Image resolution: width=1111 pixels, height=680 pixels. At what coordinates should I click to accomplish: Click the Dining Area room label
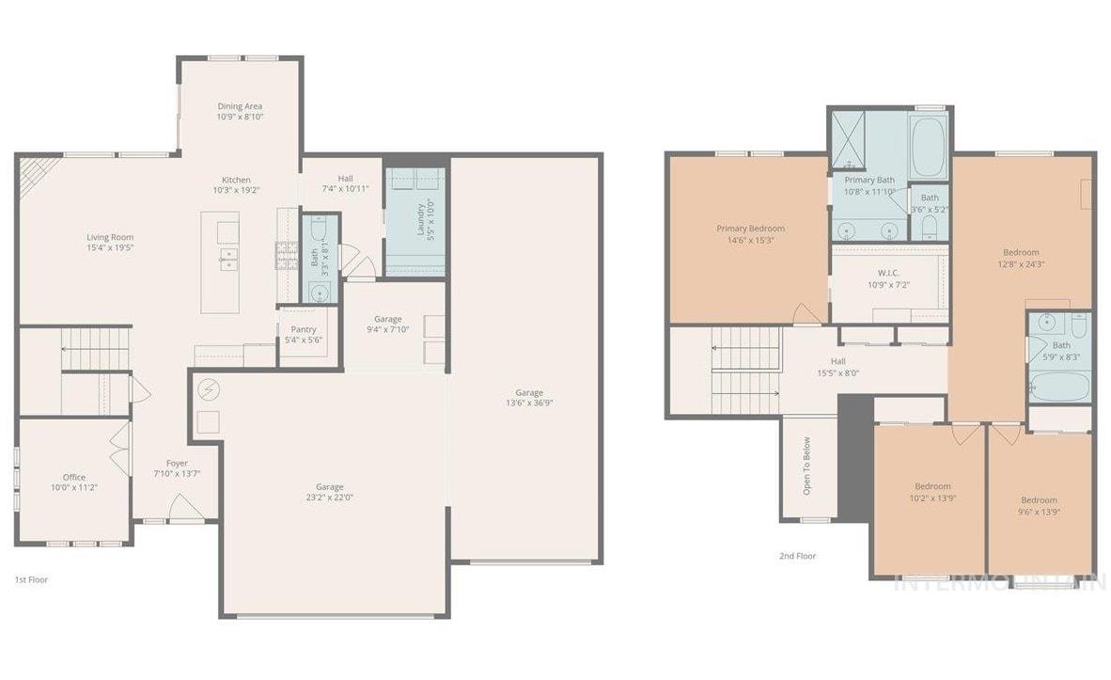tap(240, 106)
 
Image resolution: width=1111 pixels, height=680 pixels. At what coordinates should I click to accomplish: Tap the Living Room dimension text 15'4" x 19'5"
tap(110, 249)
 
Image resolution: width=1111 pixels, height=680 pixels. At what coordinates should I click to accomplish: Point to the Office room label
tap(73, 477)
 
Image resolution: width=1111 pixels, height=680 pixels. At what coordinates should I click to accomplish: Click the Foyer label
tap(177, 464)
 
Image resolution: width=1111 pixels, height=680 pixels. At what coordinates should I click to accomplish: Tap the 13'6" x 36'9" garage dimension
tap(528, 404)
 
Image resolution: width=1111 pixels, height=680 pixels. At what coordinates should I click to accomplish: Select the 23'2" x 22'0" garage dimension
tap(329, 498)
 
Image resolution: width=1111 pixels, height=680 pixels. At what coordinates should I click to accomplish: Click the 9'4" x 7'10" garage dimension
tap(387, 330)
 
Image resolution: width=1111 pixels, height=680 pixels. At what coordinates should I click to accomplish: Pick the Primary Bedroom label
tap(750, 229)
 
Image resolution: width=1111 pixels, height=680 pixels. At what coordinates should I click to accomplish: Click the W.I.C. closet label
tap(888, 273)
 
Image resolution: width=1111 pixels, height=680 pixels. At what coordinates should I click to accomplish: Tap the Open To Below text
tap(806, 467)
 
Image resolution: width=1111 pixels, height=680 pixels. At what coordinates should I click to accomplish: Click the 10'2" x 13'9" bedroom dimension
tap(932, 498)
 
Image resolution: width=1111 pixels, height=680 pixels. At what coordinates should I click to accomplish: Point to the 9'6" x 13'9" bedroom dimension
tap(1039, 512)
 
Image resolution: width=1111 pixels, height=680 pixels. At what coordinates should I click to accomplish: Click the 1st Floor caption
tap(31, 580)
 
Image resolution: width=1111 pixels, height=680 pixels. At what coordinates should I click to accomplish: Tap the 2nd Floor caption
tap(797, 556)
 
